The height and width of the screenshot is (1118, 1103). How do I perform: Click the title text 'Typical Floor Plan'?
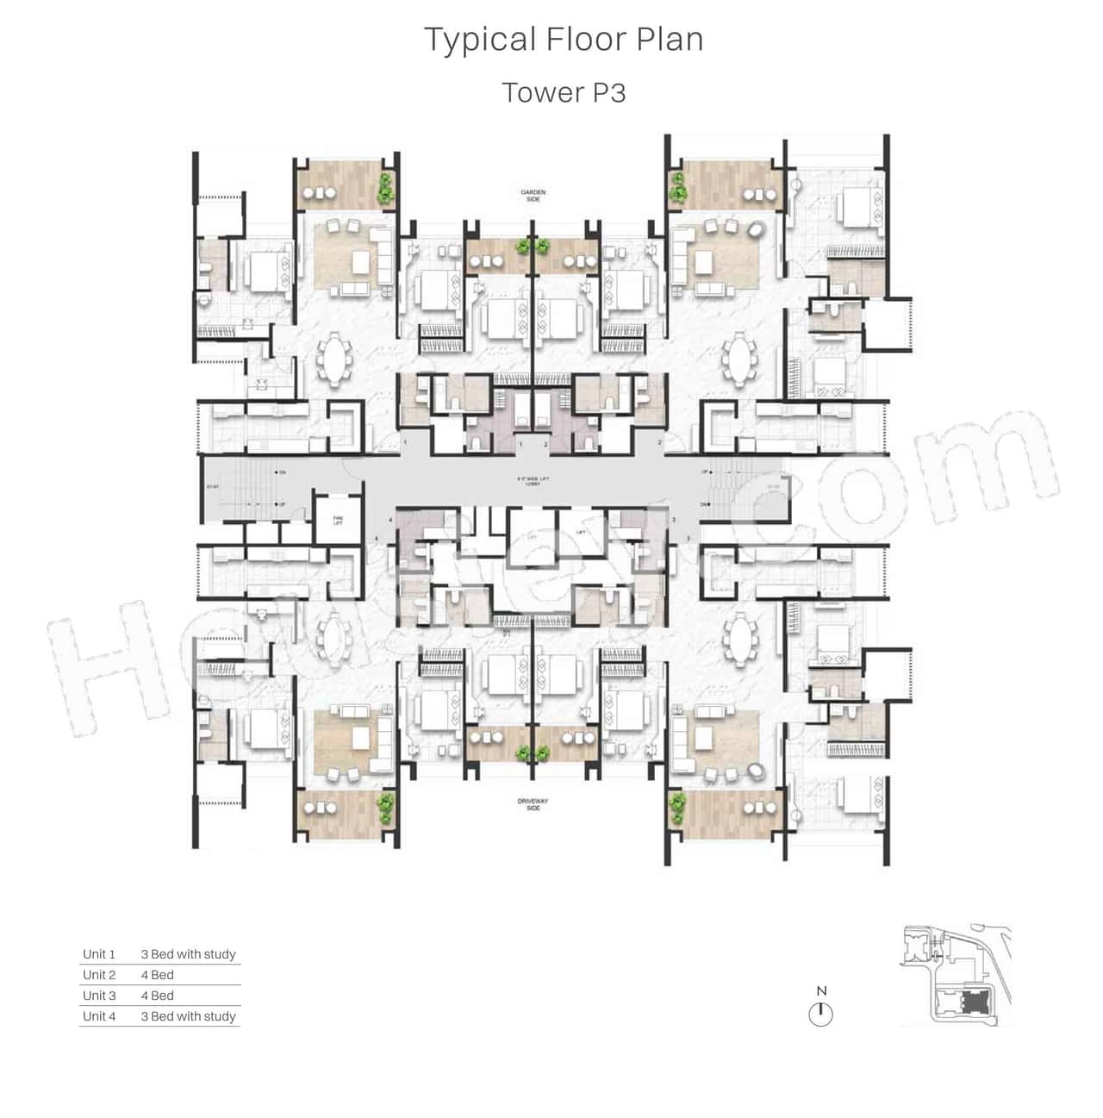tap(564, 40)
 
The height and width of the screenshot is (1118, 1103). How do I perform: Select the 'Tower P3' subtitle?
tap(564, 92)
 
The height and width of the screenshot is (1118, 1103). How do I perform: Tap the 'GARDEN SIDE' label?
tap(533, 196)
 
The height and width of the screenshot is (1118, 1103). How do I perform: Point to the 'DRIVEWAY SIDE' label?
tap(533, 804)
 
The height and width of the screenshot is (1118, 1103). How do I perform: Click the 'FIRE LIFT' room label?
tap(338, 521)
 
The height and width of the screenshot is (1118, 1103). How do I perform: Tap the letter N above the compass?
tap(821, 991)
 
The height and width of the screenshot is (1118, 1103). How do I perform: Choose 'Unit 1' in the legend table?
tap(99, 954)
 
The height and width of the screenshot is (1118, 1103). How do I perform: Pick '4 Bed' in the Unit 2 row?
tap(158, 975)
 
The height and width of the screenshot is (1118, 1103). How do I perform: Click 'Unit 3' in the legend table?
tap(99, 996)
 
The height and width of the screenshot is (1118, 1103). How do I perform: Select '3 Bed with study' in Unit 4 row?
tap(188, 1016)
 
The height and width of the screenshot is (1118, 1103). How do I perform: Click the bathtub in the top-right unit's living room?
tap(756, 229)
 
